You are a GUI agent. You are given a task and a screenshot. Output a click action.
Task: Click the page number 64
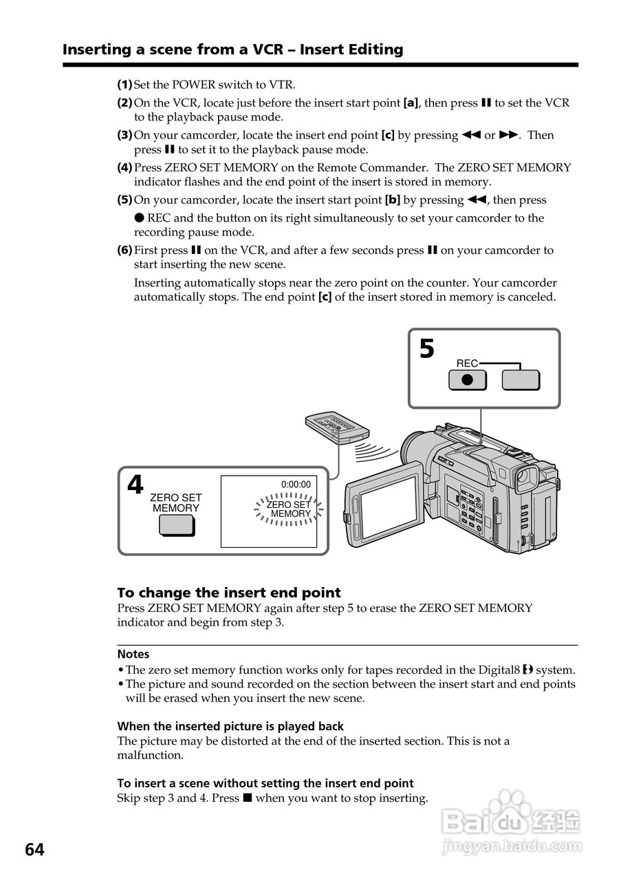(x=34, y=850)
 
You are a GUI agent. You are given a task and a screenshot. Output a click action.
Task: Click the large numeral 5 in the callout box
(x=427, y=350)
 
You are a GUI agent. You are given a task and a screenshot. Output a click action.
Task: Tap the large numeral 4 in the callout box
(x=135, y=486)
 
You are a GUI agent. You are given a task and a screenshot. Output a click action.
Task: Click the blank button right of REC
(x=521, y=380)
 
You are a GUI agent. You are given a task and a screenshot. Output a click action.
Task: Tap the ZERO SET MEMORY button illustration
(x=177, y=525)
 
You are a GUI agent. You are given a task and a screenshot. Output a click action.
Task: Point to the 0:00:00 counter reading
(x=296, y=484)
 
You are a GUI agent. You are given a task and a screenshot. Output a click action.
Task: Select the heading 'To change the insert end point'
(x=229, y=593)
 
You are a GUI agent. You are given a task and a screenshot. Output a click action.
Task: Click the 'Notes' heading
(x=133, y=654)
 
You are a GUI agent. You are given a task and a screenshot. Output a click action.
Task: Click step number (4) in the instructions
(x=124, y=167)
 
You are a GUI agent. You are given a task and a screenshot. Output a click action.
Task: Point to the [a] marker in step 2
(x=411, y=103)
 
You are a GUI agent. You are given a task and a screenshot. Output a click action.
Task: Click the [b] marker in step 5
(x=392, y=200)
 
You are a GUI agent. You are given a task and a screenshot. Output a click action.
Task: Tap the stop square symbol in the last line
(x=248, y=798)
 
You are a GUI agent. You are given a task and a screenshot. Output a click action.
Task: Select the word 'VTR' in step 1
(x=282, y=85)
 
